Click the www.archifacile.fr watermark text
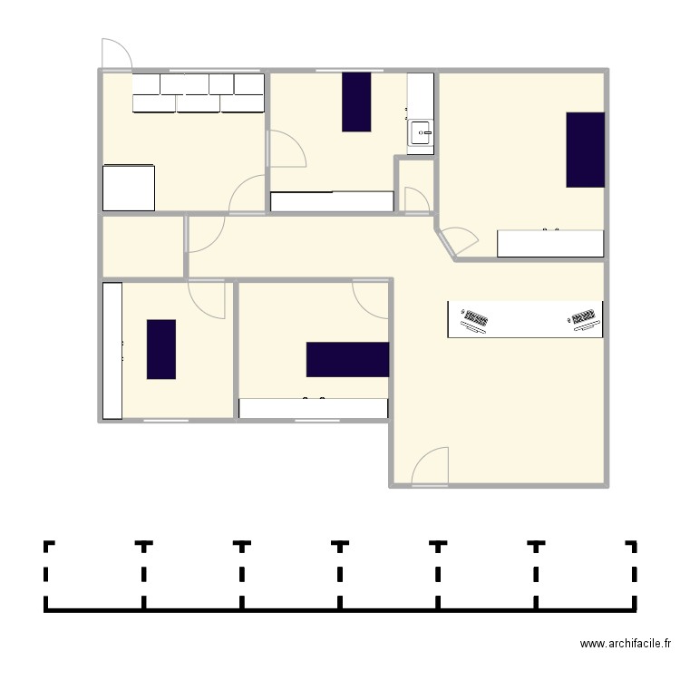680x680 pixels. pyautogui.click(x=626, y=644)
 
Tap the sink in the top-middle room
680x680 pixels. pyautogui.click(x=422, y=133)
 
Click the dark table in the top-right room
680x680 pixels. pyautogui.click(x=585, y=150)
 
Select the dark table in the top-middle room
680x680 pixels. pyautogui.click(x=356, y=102)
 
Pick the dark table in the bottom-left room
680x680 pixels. pyautogui.click(x=161, y=349)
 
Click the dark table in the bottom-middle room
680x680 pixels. pyautogui.click(x=347, y=359)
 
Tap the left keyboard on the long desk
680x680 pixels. pyautogui.click(x=474, y=320)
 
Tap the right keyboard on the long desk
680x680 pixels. pyautogui.click(x=585, y=319)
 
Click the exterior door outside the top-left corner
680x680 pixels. pyautogui.click(x=116, y=54)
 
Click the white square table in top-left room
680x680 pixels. pyautogui.click(x=129, y=188)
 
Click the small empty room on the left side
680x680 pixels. pyautogui.click(x=142, y=246)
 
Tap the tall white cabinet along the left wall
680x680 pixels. pyautogui.click(x=112, y=350)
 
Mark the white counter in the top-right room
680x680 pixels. pyautogui.click(x=550, y=243)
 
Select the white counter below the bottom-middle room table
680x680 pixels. pyautogui.click(x=313, y=408)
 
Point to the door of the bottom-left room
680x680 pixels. pyautogui.click(x=207, y=297)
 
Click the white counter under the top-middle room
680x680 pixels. pyautogui.click(x=332, y=201)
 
